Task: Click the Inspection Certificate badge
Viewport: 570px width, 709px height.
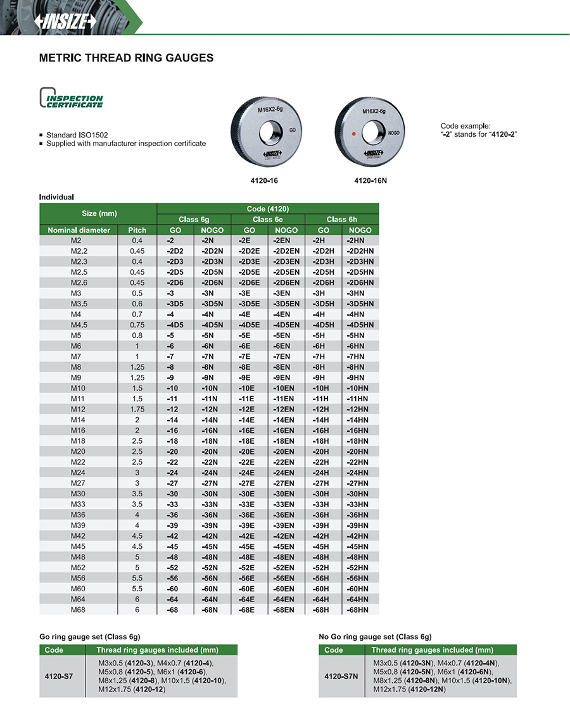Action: tap(71, 98)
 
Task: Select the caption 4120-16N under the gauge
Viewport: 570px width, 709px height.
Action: tap(370, 180)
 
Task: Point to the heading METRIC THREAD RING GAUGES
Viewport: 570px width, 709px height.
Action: tap(126, 58)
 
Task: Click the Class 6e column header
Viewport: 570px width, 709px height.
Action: tap(268, 219)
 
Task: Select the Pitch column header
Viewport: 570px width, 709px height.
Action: tap(137, 230)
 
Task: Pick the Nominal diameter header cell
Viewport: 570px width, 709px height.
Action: tap(79, 230)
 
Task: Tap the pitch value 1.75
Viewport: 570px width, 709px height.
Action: tap(137, 409)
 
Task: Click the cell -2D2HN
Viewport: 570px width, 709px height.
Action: tap(360, 251)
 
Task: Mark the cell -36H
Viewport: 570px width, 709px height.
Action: tap(323, 515)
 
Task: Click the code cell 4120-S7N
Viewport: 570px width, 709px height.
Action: tap(341, 676)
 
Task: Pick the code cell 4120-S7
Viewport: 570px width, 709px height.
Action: tap(59, 676)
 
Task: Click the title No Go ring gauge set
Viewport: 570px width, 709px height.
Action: tap(375, 636)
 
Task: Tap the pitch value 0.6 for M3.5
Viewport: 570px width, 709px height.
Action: tap(137, 303)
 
